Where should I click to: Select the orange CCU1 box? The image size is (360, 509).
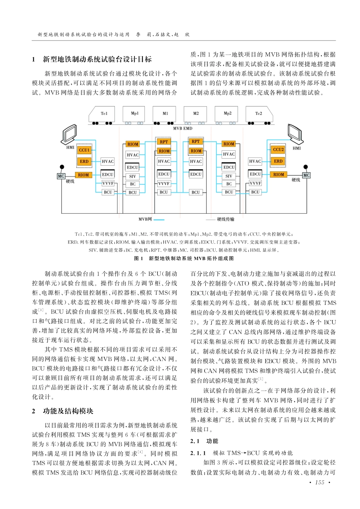click(84, 150)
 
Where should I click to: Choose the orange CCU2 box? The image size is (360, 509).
click(279, 150)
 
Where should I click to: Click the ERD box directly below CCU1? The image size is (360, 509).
click(84, 161)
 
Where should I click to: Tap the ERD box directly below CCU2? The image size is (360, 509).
click(279, 161)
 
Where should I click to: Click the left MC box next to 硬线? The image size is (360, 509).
click(61, 176)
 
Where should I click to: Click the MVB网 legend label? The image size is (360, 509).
click(145, 219)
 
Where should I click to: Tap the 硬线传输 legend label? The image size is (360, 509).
click(226, 219)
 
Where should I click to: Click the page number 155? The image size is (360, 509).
click(320, 482)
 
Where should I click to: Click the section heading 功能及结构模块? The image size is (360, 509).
click(68, 411)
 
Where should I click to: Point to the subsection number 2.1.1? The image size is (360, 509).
click(198, 453)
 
